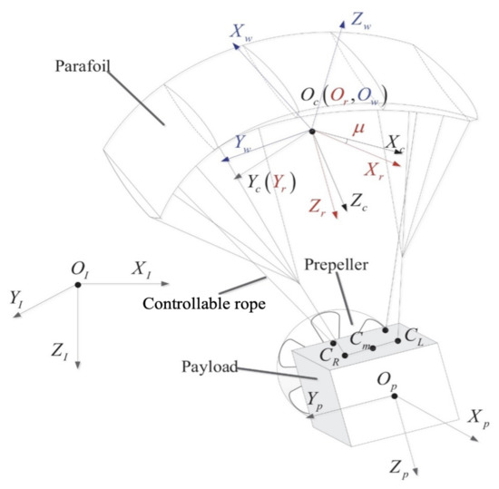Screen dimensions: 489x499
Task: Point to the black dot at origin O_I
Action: (x=79, y=285)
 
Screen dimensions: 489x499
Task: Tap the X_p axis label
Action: (x=478, y=418)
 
